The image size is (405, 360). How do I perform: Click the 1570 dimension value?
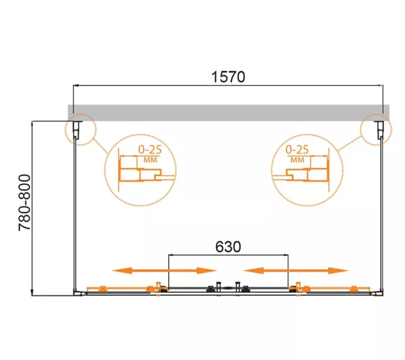tap(228, 77)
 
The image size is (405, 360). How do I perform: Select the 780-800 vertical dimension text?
tap(25, 202)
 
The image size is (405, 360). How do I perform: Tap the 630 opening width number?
tap(228, 247)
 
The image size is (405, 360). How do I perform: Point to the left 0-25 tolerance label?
tap(150, 149)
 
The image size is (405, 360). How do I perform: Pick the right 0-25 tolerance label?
tap(297, 149)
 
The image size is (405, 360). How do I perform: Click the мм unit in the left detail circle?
tap(150, 160)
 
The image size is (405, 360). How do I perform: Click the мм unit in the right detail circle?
tap(297, 160)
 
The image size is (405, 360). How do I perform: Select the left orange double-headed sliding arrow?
tap(164, 271)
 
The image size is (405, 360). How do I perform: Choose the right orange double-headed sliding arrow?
tap(296, 271)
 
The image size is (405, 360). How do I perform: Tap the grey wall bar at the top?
tap(229, 113)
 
